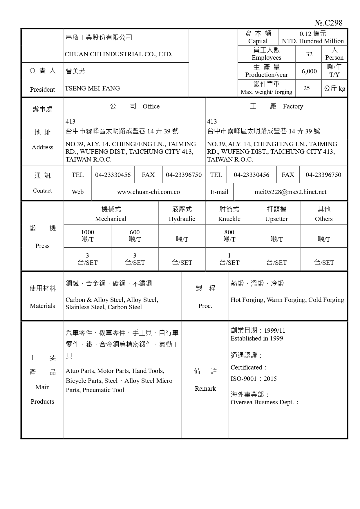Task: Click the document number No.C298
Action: (328, 23)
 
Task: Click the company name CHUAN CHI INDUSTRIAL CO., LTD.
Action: (118, 54)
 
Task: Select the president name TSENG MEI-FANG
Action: (92, 88)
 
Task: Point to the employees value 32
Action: (309, 54)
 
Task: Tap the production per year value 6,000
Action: (309, 71)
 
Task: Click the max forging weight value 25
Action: (306, 88)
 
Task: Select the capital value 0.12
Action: (305, 34)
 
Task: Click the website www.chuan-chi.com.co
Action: (148, 192)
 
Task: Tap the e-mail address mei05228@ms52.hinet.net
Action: (290, 192)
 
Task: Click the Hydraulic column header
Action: (182, 219)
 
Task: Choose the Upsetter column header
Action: (276, 219)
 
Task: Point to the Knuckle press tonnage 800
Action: (229, 232)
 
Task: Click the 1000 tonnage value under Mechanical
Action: (87, 232)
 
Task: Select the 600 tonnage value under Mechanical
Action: (135, 232)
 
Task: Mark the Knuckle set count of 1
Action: (229, 256)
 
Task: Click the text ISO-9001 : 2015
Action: (254, 379)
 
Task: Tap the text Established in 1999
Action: (257, 338)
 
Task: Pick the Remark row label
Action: (205, 389)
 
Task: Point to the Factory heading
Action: (293, 106)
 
